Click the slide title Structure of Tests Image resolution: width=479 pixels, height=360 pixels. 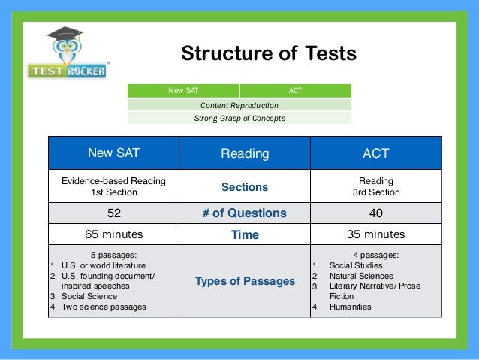click(268, 54)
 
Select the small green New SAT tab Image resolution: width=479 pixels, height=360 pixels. click(183, 91)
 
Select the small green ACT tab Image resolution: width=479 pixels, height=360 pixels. click(295, 91)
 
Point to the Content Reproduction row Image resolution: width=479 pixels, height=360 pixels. click(239, 105)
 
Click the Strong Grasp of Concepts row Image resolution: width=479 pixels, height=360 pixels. click(239, 118)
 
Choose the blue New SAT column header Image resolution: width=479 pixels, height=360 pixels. click(113, 153)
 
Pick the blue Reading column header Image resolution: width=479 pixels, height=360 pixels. click(245, 153)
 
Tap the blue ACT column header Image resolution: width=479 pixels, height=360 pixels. click(375, 153)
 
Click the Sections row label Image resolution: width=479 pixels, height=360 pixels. click(245, 186)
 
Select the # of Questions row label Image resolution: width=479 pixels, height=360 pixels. click(245, 213)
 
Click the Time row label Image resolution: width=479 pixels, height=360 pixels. click(245, 234)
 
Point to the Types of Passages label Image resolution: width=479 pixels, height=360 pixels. click(245, 281)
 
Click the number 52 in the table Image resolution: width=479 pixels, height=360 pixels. click(113, 213)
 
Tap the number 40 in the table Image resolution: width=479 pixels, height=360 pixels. click(375, 213)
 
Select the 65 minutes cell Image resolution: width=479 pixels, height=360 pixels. click(113, 234)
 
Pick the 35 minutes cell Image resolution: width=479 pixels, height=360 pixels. click(375, 234)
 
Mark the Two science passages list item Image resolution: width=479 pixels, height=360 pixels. click(98, 307)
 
